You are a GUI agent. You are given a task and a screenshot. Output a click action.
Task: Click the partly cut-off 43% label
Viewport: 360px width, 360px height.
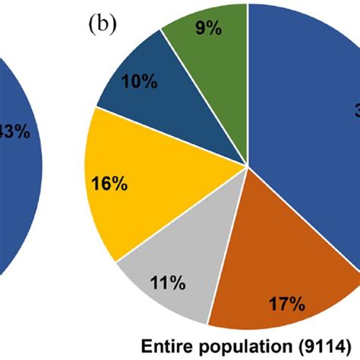pos(16,131)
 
